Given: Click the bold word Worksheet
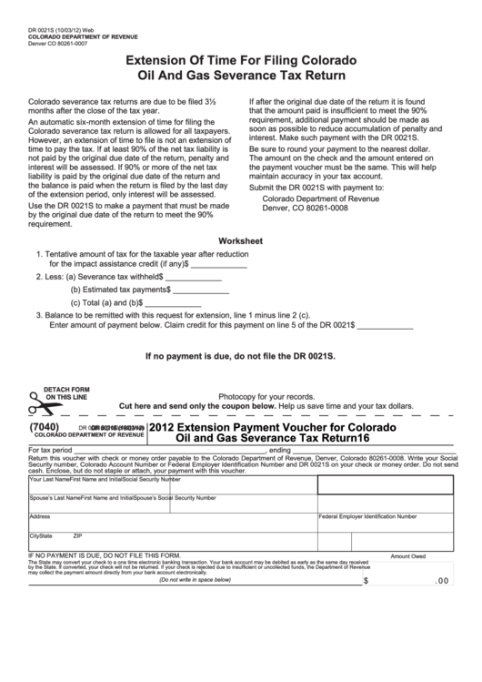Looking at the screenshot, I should [x=240, y=241].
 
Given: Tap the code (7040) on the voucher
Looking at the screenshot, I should [x=45, y=425].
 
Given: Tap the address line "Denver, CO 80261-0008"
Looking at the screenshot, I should [x=305, y=207].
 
